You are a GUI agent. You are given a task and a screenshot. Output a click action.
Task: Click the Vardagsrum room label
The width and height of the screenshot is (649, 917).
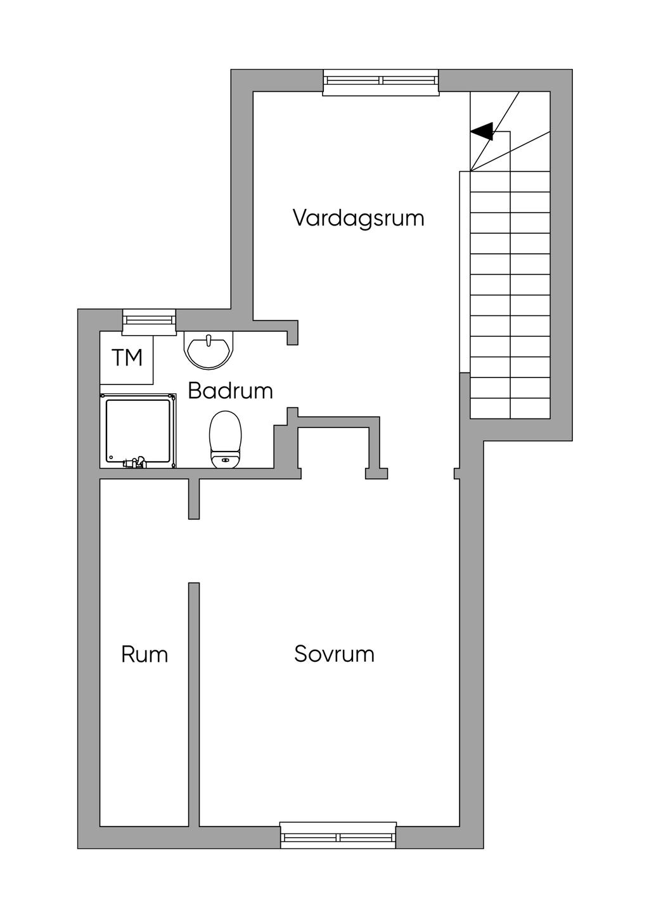(x=358, y=218)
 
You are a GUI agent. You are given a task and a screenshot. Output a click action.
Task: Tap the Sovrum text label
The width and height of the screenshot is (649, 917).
(x=334, y=654)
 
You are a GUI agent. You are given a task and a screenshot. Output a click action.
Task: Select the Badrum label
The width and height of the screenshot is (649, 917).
(x=230, y=391)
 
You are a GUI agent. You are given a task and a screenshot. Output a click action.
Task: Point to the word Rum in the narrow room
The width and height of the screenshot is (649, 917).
(x=145, y=654)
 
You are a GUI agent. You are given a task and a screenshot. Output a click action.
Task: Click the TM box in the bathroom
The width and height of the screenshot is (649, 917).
(x=127, y=358)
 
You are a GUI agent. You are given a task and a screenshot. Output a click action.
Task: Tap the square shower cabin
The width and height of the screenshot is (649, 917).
(x=138, y=431)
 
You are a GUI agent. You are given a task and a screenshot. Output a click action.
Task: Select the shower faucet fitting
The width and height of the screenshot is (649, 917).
(x=136, y=462)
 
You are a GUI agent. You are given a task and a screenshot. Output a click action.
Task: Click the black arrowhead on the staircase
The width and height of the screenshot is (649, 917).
(x=483, y=131)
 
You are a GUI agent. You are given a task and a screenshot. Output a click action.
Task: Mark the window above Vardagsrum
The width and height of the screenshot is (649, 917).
(x=380, y=81)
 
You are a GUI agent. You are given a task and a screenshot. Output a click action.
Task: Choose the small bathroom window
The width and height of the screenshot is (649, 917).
(x=149, y=320)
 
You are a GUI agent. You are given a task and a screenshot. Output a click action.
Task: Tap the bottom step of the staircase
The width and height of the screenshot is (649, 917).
(x=510, y=408)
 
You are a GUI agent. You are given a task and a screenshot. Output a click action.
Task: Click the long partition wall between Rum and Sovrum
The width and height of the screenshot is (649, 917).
(x=194, y=703)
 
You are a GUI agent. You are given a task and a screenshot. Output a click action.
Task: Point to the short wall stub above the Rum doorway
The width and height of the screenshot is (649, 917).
(x=194, y=499)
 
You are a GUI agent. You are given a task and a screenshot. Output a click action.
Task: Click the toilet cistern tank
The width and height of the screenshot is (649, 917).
(x=226, y=460)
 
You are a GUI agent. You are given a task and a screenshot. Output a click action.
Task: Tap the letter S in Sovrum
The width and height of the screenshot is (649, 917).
(x=302, y=654)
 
